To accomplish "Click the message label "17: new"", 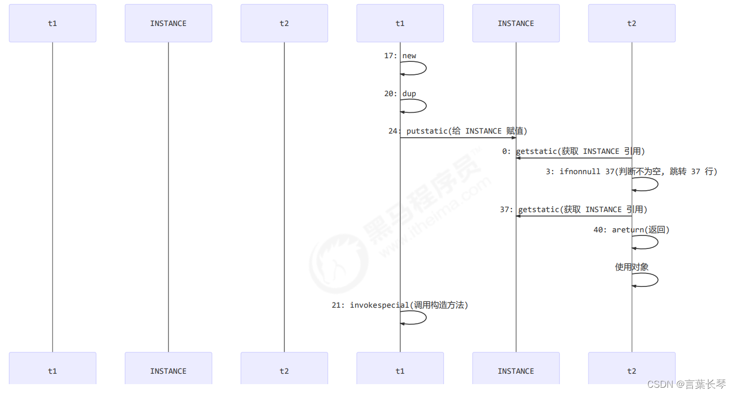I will [x=400, y=56].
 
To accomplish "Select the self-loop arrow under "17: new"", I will [x=425, y=68].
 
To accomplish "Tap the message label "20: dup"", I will [x=400, y=94].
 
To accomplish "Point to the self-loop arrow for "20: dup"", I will [x=425, y=106].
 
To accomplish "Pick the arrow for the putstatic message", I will [x=458, y=138].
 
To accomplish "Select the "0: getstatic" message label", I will [x=573, y=152].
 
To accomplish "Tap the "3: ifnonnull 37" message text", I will [x=631, y=172].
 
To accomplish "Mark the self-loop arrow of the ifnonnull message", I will [x=657, y=184].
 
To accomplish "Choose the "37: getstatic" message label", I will [x=573, y=210].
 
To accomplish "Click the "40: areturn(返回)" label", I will [x=631, y=230].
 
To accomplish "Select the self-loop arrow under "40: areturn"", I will [x=657, y=242].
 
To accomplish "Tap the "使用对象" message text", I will [x=632, y=267].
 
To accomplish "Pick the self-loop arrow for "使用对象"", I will [x=657, y=280].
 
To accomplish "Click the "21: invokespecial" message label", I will [x=400, y=306].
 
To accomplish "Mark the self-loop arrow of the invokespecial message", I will [x=425, y=318].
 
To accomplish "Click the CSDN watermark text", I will [x=686, y=385].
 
